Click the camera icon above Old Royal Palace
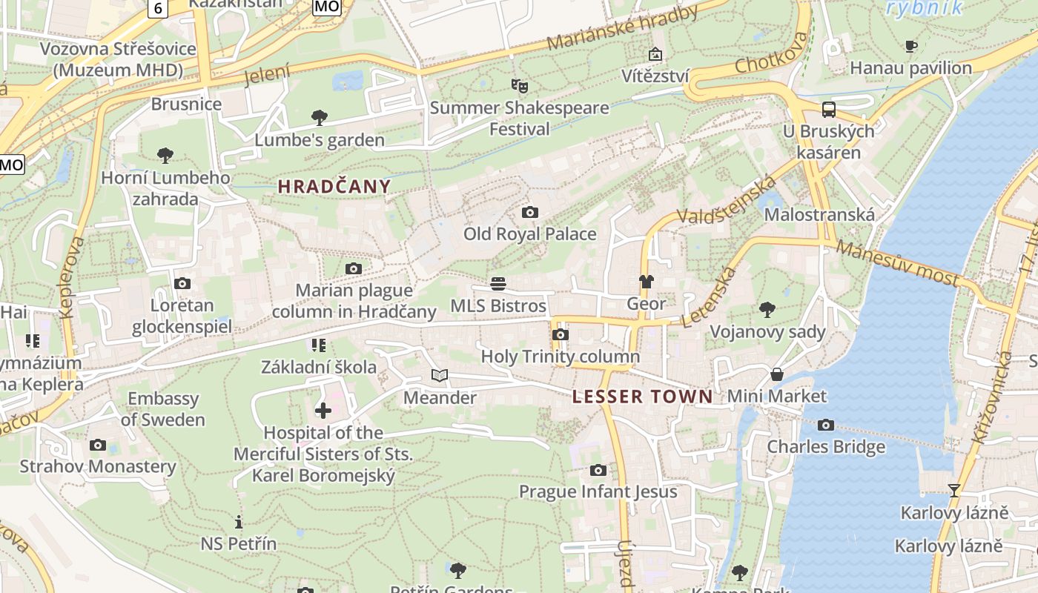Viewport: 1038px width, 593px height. [x=529, y=213]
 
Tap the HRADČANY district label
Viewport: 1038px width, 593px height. [x=334, y=187]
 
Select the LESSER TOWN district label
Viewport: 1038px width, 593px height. [x=642, y=397]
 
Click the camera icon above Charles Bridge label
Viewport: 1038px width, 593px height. [x=825, y=425]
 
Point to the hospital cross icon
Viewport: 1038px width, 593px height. [x=323, y=411]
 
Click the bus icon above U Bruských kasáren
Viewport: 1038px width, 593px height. [x=829, y=110]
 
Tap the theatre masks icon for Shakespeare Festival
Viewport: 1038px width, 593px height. [x=519, y=86]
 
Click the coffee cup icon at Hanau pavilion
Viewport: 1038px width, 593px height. [x=911, y=47]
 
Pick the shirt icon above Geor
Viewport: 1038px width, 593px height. [x=647, y=282]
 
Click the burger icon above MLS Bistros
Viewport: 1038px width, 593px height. [x=498, y=284]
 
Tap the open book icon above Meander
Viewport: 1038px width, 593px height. [x=440, y=376]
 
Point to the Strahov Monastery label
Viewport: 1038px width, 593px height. [x=98, y=466]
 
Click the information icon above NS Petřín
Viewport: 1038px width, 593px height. [x=238, y=522]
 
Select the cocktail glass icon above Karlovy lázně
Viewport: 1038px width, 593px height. [x=953, y=490]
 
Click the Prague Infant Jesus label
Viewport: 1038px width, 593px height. [x=598, y=491]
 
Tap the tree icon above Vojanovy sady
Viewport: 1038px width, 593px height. [x=767, y=309]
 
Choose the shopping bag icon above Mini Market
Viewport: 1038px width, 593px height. [x=776, y=374]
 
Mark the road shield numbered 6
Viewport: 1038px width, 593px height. [x=159, y=7]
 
